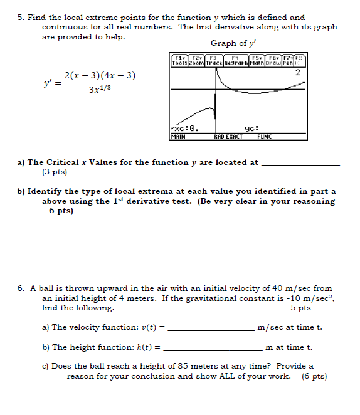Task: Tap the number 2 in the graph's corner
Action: [x=297, y=73]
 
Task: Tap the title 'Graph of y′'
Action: [x=233, y=43]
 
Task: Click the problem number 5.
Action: [x=20, y=18]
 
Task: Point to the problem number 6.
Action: [x=20, y=288]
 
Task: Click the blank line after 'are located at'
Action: [x=300, y=163]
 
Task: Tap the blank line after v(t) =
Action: [x=213, y=328]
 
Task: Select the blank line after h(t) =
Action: [x=212, y=348]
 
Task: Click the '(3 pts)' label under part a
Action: [x=55, y=171]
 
